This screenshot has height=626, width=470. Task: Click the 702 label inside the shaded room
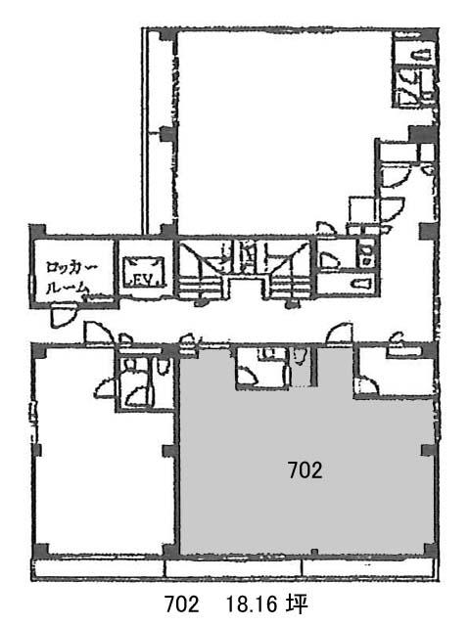305,470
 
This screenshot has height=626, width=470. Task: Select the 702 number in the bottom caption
182,604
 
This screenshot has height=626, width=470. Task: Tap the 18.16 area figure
253,604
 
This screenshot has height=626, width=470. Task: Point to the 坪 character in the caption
297,604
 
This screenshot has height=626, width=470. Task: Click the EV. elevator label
144,281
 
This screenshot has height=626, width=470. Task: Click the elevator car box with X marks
144,272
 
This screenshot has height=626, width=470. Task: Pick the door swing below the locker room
63,315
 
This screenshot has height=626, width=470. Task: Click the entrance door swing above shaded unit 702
340,334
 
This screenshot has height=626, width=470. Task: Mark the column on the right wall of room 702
429,450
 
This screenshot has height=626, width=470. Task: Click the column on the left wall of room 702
169,451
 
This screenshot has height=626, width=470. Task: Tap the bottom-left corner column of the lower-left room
40,552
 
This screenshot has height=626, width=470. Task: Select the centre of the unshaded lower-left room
102,479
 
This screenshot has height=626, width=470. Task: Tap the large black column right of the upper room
422,134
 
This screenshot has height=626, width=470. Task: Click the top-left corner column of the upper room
167,35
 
